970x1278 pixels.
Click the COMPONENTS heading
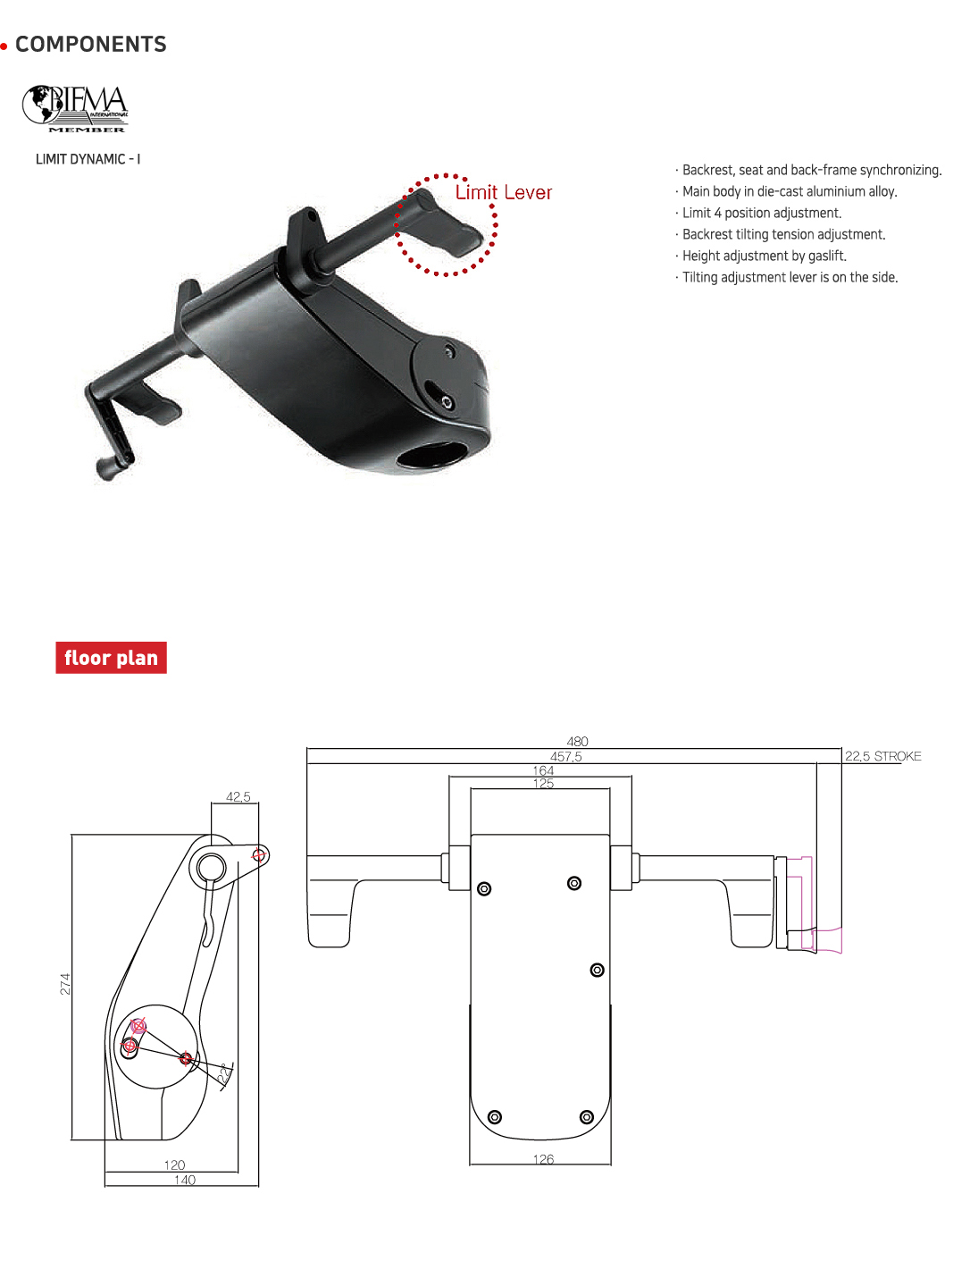pyautogui.click(x=90, y=45)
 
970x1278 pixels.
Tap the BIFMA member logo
pyautogui.click(x=76, y=109)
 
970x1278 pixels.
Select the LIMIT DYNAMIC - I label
pyautogui.click(x=88, y=159)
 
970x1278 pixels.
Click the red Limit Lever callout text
pyautogui.click(x=504, y=193)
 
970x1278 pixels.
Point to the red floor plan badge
pyautogui.click(x=111, y=658)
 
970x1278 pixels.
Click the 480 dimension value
pyautogui.click(x=577, y=742)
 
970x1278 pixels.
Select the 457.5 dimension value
pyautogui.click(x=565, y=757)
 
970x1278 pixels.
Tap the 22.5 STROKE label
pyautogui.click(x=882, y=756)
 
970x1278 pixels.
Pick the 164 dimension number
pyautogui.click(x=543, y=770)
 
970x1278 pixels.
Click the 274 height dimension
pyautogui.click(x=65, y=984)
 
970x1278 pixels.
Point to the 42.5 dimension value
pyautogui.click(x=238, y=797)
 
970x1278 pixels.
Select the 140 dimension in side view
pyautogui.click(x=185, y=1180)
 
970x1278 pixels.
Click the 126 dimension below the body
pyautogui.click(x=543, y=1159)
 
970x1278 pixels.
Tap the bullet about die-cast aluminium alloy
pyautogui.click(x=789, y=191)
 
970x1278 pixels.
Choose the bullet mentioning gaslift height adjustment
pyautogui.click(x=764, y=256)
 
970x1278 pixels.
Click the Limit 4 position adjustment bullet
pyautogui.click(x=761, y=213)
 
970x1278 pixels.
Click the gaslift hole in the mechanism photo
pyautogui.click(x=431, y=455)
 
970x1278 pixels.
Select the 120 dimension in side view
pyautogui.click(x=174, y=1164)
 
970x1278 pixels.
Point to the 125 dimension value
pyautogui.click(x=543, y=784)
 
